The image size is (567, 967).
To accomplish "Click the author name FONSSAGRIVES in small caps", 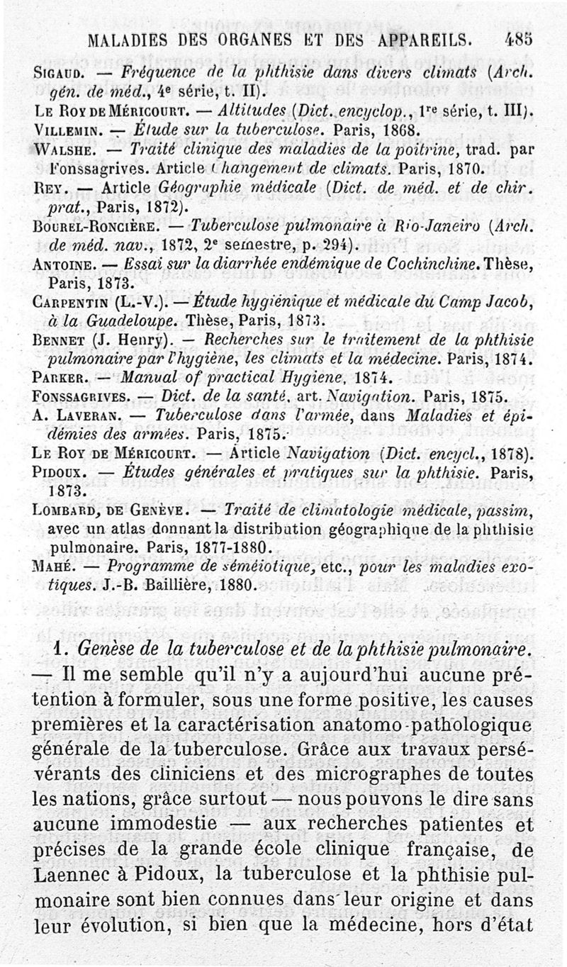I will point(79,396).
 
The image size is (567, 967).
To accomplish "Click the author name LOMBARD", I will point(63,510).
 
